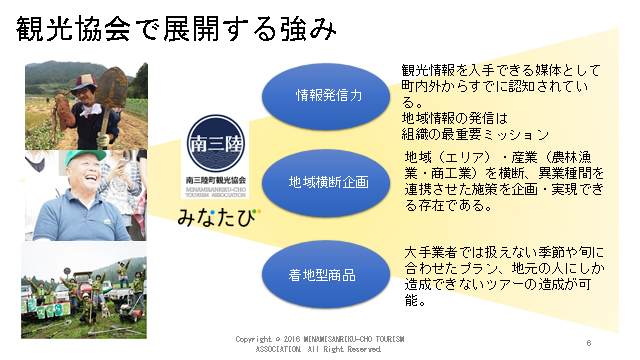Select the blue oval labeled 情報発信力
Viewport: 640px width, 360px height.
click(328, 96)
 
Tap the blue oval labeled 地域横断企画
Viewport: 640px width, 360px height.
click(328, 185)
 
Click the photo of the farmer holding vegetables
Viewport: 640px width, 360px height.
click(85, 105)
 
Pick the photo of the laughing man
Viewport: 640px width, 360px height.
click(85, 196)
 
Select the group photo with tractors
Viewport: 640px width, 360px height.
click(85, 289)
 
